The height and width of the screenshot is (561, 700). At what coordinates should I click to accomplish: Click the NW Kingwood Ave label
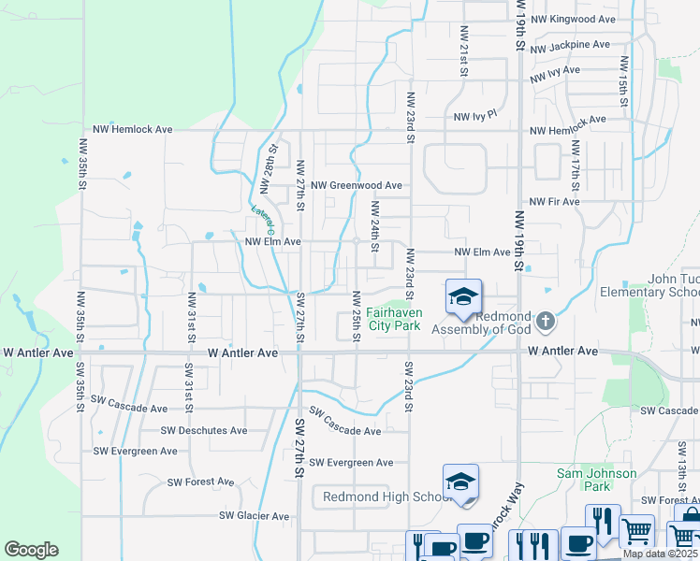pyautogui.click(x=573, y=19)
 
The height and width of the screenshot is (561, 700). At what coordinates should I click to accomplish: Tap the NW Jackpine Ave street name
pyautogui.click(x=570, y=45)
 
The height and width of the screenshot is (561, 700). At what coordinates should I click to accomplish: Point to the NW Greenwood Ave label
pyautogui.click(x=357, y=186)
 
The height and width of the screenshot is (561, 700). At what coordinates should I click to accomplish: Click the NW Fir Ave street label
pyautogui.click(x=554, y=201)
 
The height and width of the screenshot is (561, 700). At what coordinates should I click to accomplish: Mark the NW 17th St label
pyautogui.click(x=576, y=163)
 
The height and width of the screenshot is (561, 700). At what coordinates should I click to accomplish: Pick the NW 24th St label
pyautogui.click(x=374, y=225)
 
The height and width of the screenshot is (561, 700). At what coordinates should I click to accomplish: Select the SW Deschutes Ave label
pyautogui.click(x=204, y=431)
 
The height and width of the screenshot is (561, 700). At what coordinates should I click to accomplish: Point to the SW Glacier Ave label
pyautogui.click(x=255, y=515)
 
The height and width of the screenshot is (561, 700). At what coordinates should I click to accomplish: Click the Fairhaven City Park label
pyautogui.click(x=393, y=319)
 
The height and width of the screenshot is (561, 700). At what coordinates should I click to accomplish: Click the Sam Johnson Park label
pyautogui.click(x=597, y=480)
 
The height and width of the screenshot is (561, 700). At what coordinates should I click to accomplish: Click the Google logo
pyautogui.click(x=31, y=550)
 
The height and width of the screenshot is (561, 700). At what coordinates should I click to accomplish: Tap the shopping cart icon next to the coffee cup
pyautogui.click(x=636, y=530)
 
